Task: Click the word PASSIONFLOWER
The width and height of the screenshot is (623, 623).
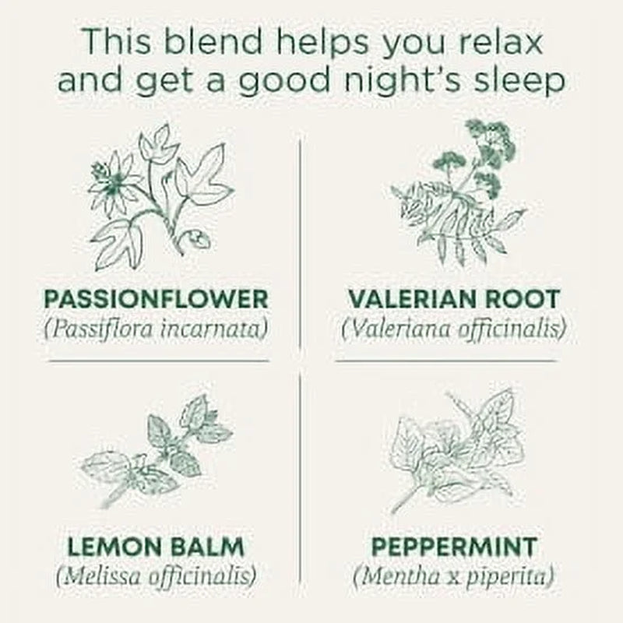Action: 157,299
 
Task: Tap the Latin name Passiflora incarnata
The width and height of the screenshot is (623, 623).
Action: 156,329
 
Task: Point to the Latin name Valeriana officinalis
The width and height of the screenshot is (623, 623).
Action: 454,329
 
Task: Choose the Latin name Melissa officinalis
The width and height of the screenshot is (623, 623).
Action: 157,576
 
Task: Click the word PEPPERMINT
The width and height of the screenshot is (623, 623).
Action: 454,547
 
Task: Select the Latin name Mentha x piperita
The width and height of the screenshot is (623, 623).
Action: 454,577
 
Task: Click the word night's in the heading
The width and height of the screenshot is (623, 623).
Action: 402,80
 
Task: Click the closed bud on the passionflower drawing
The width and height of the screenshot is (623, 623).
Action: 198,239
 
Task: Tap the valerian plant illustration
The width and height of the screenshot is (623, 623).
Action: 459,192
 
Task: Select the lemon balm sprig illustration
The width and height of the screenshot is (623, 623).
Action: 157,450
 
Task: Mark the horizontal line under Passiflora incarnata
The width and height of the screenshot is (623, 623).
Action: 159,361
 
